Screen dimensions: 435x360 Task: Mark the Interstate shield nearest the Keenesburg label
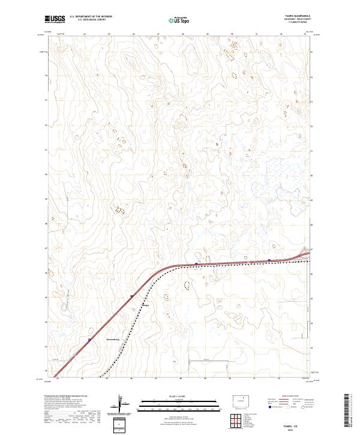tap(90, 340)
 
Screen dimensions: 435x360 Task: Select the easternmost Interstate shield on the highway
tap(269, 260)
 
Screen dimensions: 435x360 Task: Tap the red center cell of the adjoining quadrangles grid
tap(234, 419)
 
